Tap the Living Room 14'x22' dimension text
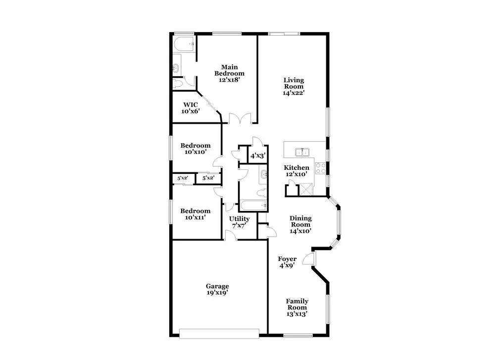point(294,93)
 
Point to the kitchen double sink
point(302,152)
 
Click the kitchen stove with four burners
point(321,168)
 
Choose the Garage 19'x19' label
point(217,289)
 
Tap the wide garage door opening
point(219,334)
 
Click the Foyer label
point(287,259)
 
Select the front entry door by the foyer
point(309,259)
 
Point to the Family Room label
point(297,305)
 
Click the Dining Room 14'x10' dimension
point(300,231)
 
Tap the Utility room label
point(239,219)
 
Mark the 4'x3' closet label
point(258,155)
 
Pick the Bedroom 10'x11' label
point(195,214)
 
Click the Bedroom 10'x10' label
point(196,149)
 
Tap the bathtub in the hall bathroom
point(253,206)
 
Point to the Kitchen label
point(297,168)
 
